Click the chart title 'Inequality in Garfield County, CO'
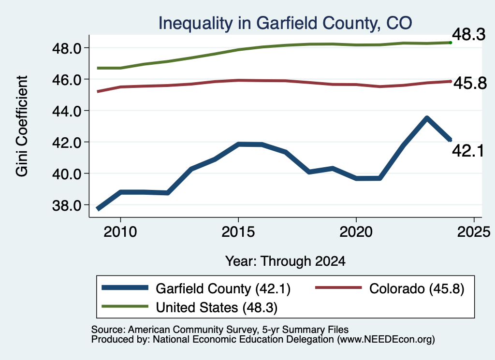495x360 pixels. coord(285,23)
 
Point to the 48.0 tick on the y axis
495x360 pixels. coord(67,48)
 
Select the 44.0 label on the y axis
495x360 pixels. coord(67,111)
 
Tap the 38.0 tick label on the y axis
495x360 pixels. coord(67,205)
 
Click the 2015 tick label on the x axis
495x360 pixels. coord(238,232)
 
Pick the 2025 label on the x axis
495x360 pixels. coord(474,232)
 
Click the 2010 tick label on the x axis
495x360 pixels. coord(120,232)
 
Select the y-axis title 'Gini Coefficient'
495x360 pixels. coord(22,126)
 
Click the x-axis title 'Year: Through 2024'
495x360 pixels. coord(285,261)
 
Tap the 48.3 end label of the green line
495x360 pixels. coord(468,34)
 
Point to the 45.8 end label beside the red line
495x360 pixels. coord(470,83)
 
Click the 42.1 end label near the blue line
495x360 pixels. coord(468,151)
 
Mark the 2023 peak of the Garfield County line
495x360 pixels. coord(427,118)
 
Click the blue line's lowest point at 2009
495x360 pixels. coord(98,209)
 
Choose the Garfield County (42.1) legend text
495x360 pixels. coord(223,289)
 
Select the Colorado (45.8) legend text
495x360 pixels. coord(417,289)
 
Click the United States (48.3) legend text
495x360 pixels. coord(217,308)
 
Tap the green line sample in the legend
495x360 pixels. coord(125,306)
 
